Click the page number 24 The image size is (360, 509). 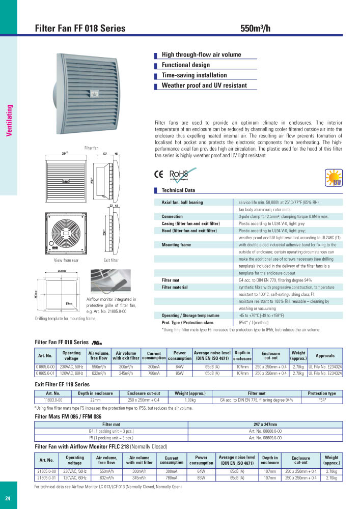8,498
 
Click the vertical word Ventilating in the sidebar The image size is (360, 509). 9,121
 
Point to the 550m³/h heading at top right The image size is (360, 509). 255,29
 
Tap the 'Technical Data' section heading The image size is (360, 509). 178,190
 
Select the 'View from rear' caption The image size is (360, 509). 66,261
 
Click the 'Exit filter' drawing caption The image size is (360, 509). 110,261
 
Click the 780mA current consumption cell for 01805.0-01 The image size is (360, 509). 154,373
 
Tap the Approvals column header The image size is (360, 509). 325,355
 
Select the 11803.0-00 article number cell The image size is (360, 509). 53,401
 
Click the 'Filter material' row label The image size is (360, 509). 175,287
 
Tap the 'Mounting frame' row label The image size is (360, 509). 176,245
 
